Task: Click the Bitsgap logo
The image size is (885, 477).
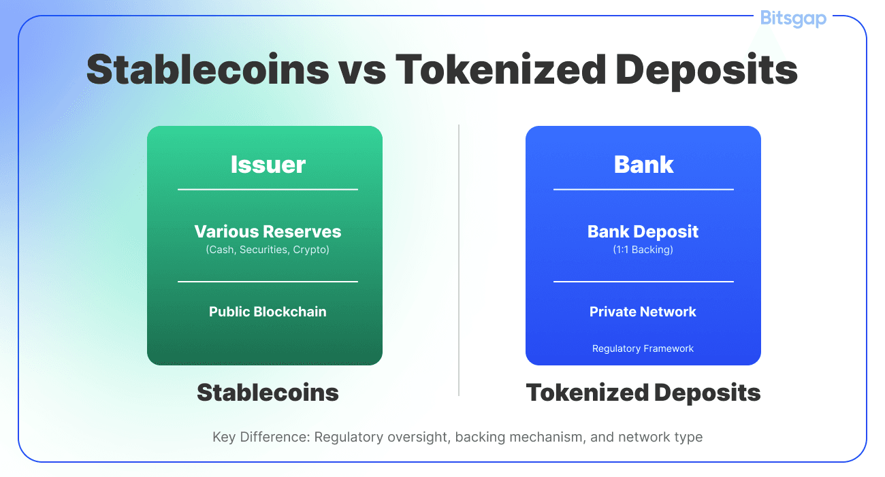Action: pyautogui.click(x=793, y=18)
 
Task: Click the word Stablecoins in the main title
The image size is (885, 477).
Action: pyautogui.click(x=208, y=70)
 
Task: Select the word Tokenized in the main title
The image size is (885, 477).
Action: pyautogui.click(x=500, y=70)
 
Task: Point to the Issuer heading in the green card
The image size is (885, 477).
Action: pyautogui.click(x=268, y=165)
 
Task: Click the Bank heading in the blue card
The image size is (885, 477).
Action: pyautogui.click(x=643, y=165)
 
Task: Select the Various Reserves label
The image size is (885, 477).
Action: pyautogui.click(x=268, y=232)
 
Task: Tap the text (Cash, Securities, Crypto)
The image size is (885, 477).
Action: pyautogui.click(x=268, y=250)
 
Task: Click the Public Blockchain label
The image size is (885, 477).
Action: pyautogui.click(x=268, y=312)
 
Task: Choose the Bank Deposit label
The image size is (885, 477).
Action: pyautogui.click(x=643, y=232)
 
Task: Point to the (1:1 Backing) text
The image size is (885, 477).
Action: pyautogui.click(x=643, y=250)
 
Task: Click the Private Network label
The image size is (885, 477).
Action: pyautogui.click(x=643, y=312)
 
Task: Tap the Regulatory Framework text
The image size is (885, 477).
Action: pyautogui.click(x=643, y=348)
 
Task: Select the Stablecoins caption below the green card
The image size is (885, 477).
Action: pyautogui.click(x=268, y=393)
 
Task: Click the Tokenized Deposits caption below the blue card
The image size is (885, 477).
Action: pyautogui.click(x=643, y=393)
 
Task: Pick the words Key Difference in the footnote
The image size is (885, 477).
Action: pyautogui.click(x=261, y=438)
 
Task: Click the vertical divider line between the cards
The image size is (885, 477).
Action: pyautogui.click(x=459, y=260)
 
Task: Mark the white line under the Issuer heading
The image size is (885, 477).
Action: pyautogui.click(x=268, y=190)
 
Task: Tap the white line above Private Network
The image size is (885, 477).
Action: pyautogui.click(x=643, y=282)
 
